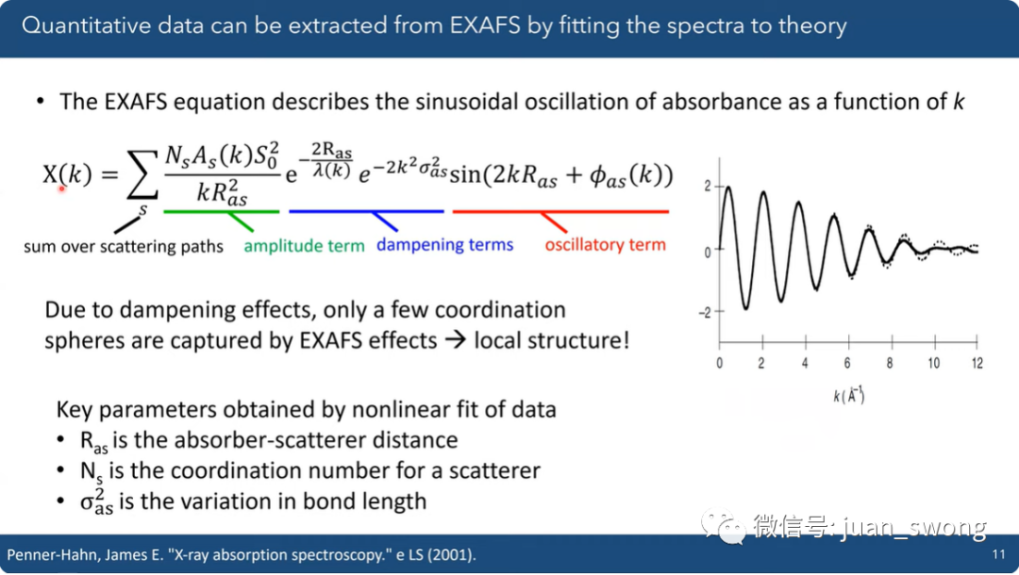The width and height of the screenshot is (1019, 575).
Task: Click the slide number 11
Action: click(x=998, y=554)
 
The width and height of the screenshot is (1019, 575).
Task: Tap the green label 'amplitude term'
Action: click(x=304, y=246)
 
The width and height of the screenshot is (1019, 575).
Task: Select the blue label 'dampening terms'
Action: click(x=444, y=245)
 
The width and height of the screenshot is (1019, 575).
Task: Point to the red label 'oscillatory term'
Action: click(x=605, y=245)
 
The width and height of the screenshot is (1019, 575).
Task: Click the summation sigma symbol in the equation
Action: click(x=142, y=175)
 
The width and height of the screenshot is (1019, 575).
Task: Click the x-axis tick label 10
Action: click(x=934, y=364)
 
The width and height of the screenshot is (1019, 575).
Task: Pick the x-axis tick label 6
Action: click(x=847, y=364)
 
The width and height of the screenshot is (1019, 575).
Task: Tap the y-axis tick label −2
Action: click(x=705, y=313)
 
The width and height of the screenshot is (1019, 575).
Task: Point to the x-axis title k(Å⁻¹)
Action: click(x=849, y=395)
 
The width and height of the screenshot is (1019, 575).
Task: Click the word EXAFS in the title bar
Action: click(x=485, y=25)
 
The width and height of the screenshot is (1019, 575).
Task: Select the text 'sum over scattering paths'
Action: click(x=124, y=247)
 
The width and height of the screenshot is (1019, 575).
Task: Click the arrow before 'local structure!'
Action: click(x=456, y=340)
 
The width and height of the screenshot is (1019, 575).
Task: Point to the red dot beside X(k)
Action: click(x=62, y=189)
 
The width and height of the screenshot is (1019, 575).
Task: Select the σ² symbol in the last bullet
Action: click(x=96, y=501)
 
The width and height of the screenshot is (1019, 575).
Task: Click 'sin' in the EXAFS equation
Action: click(x=464, y=175)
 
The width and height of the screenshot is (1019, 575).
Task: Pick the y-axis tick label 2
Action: click(x=708, y=187)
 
